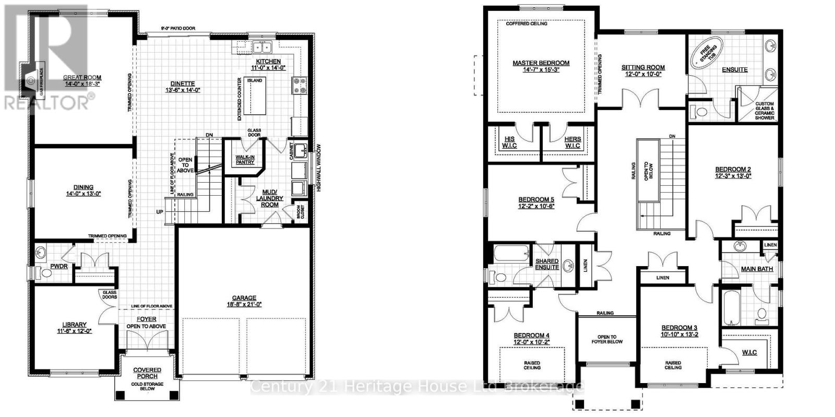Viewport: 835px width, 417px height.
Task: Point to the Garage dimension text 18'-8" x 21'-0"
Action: click(x=240, y=304)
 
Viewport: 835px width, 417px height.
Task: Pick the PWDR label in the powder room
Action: click(x=59, y=266)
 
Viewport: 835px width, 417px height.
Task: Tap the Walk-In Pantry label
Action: click(x=245, y=159)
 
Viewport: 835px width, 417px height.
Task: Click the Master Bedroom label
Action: click(x=541, y=63)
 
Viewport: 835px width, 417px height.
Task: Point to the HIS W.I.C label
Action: click(x=509, y=142)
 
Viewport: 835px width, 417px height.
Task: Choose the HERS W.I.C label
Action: click(x=572, y=142)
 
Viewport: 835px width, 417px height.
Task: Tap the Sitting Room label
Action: click(x=643, y=67)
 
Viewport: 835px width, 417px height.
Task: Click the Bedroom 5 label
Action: click(x=536, y=199)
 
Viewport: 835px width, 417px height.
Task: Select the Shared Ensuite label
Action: click(x=547, y=264)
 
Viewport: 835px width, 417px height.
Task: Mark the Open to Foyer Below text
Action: click(x=607, y=339)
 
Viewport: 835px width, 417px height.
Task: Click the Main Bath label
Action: click(x=757, y=269)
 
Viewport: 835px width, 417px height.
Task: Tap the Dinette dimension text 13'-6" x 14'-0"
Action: click(x=182, y=90)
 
